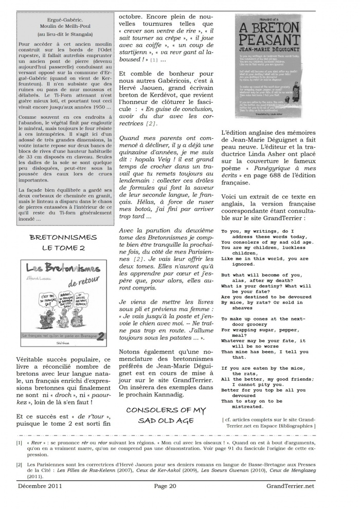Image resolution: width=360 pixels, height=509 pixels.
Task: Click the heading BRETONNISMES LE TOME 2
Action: tap(63, 243)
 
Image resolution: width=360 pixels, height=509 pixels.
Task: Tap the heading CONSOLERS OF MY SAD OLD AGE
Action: tap(165, 415)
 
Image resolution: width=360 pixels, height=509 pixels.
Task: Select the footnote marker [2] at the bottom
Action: tap(19, 464)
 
